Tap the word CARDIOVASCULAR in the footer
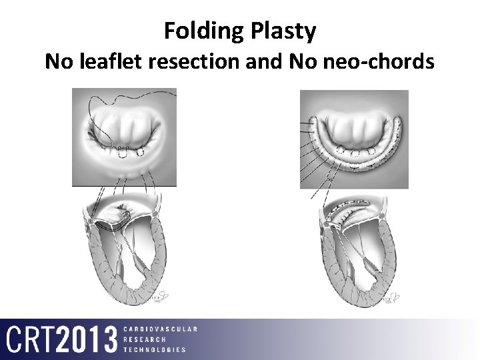pos(160,329)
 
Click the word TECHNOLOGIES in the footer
pos(155,349)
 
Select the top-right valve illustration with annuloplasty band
pos(353,139)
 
